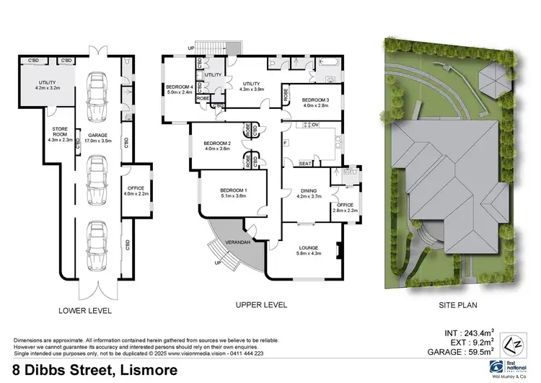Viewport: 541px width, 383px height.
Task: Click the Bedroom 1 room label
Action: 233,193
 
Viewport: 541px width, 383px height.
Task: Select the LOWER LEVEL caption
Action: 85,311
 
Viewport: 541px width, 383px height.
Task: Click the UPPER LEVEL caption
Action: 261,305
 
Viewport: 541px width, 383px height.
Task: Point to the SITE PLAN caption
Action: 457,306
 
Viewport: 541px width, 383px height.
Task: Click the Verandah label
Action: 238,242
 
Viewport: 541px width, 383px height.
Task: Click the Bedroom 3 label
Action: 315,102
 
